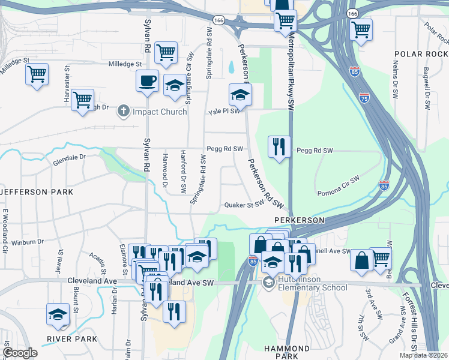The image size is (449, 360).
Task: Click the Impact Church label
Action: [x=160, y=111]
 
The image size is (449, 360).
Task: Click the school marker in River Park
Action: [x=58, y=314]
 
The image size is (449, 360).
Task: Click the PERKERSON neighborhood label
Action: [x=300, y=220]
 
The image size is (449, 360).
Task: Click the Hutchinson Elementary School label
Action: [x=312, y=283]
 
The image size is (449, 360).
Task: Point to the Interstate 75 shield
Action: [x=364, y=97]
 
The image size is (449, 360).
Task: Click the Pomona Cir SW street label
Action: [x=338, y=186]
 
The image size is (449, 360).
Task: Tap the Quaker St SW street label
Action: [x=244, y=205]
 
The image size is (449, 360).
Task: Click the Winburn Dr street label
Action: [x=28, y=242]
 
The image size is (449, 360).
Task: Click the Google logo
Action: [x=20, y=353]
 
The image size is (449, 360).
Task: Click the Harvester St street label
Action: [x=68, y=80]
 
